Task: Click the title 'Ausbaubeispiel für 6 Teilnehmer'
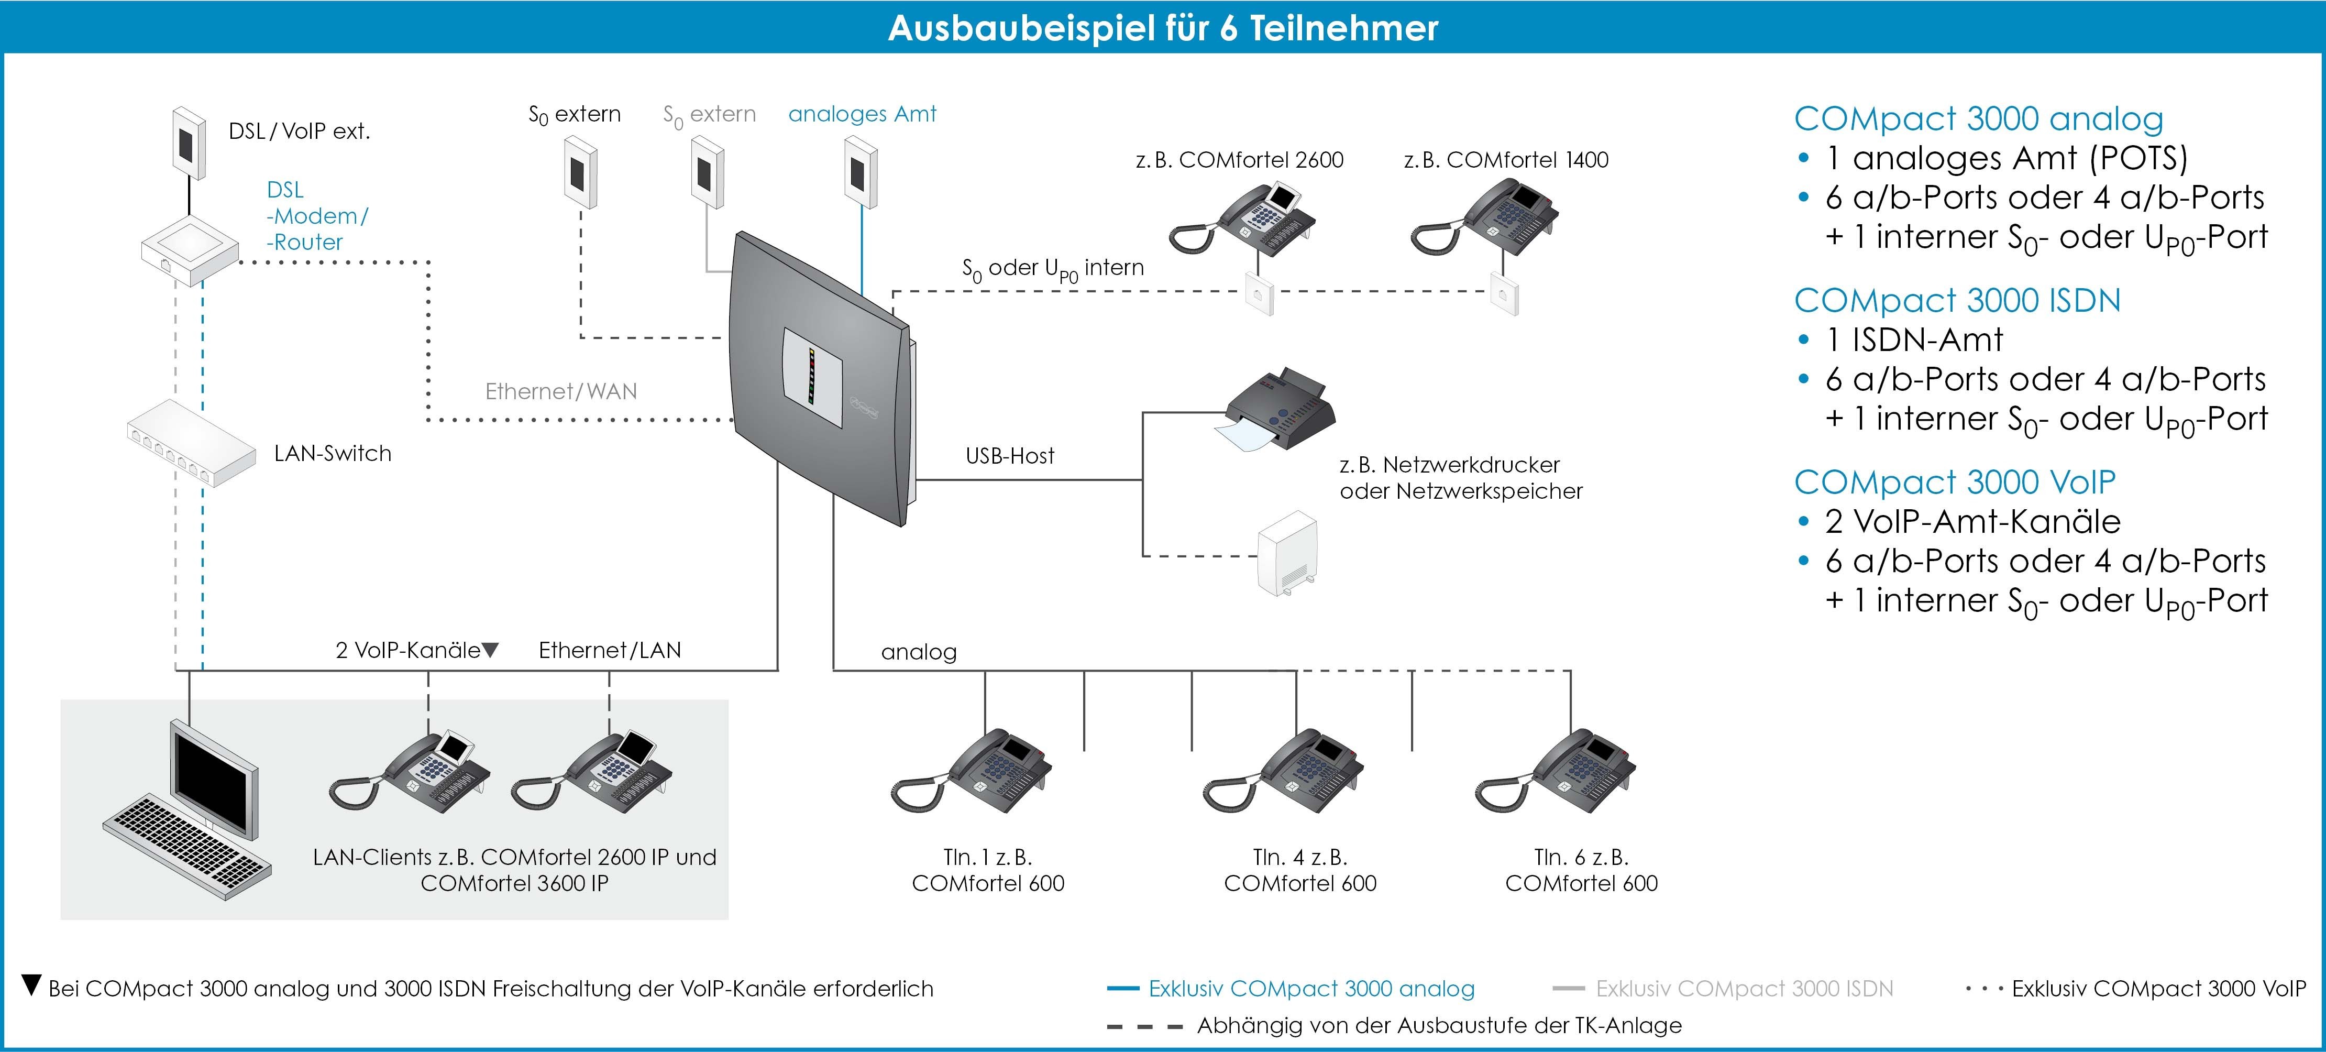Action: pyautogui.click(x=1163, y=28)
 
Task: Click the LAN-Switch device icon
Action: pyautogui.click(x=191, y=443)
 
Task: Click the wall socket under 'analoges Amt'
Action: pyautogui.click(x=861, y=171)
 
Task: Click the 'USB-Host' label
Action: pyautogui.click(x=1009, y=456)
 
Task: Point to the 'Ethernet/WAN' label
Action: pyautogui.click(x=561, y=391)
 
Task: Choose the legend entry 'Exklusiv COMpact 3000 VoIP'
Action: pyautogui.click(x=2157, y=989)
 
